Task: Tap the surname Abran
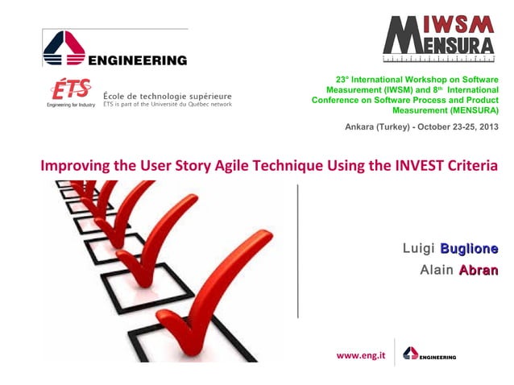coord(479,271)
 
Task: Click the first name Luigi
coord(419,247)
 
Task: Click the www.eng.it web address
coord(360,354)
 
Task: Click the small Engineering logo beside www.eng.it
coord(429,354)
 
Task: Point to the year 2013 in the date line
coord(486,127)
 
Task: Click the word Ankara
coord(362,127)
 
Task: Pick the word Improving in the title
coord(73,167)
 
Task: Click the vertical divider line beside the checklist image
coord(297,250)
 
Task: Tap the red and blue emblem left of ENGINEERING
coord(64,50)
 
